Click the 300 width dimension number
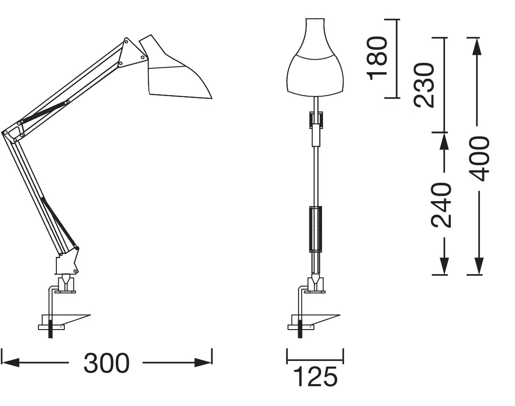coord(107,363)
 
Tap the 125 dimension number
coord(315,376)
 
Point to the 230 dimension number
coord(424,85)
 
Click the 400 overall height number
coord(479,159)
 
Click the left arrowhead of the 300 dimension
coord(10,363)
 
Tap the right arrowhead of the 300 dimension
coord(203,363)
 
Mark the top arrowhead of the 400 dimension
coord(477,46)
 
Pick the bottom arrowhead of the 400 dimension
coord(479,266)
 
